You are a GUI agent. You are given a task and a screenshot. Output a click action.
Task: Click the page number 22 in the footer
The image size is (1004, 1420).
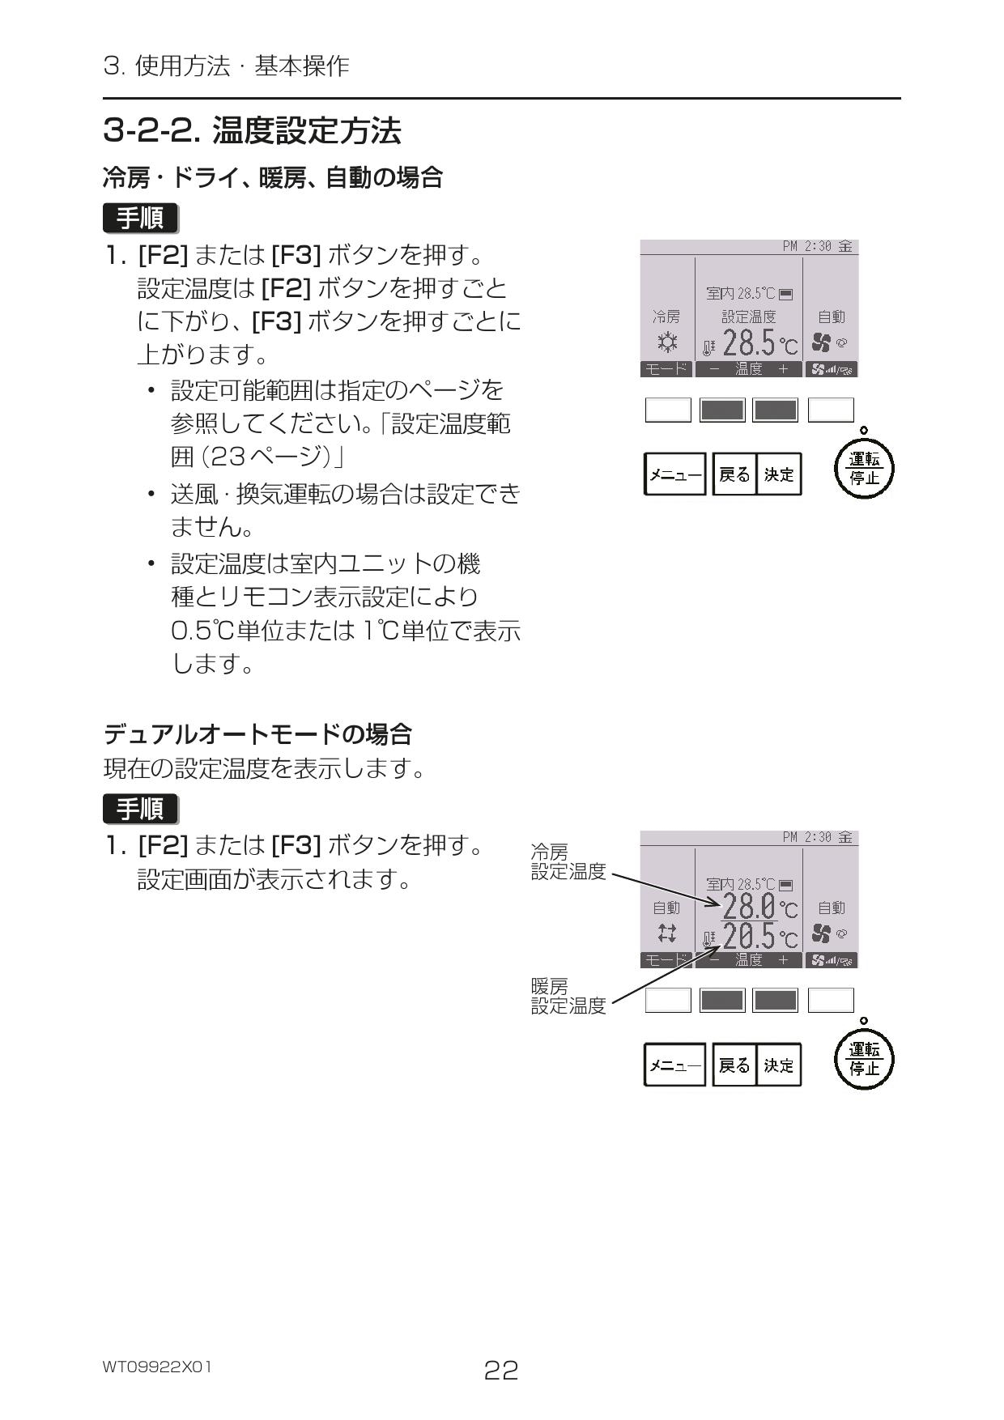tap(500, 1370)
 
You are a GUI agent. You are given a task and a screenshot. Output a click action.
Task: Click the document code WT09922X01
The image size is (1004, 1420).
tap(157, 1367)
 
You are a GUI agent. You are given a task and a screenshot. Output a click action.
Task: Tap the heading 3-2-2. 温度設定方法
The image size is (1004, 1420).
tap(252, 130)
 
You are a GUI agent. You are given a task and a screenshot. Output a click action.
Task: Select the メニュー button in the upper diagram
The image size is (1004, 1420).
tap(674, 474)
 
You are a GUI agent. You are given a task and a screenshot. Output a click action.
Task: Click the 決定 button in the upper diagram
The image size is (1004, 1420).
tap(779, 474)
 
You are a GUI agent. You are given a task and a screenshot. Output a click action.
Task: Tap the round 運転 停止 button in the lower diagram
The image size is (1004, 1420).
tap(864, 1060)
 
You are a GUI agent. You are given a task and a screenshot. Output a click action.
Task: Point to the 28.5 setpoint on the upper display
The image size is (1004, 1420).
tap(749, 344)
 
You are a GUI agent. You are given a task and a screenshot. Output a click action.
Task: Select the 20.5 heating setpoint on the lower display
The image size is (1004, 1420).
tap(749, 937)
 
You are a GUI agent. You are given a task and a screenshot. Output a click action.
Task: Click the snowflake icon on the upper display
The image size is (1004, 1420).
tap(667, 342)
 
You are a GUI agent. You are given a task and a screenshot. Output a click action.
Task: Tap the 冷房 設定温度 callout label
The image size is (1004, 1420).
tap(568, 861)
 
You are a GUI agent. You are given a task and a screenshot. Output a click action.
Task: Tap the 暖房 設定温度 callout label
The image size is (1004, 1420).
tap(568, 996)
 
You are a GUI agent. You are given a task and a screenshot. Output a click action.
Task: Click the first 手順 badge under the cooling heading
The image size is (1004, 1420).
tap(140, 219)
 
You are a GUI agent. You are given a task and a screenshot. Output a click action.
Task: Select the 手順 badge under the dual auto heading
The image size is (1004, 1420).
tap(140, 809)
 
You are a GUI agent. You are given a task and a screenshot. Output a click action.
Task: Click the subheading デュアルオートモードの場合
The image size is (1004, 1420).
tap(257, 734)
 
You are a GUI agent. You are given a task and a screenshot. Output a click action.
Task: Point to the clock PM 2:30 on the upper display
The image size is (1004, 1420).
tap(806, 246)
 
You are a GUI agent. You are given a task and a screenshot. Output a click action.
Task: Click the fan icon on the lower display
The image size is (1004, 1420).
tap(821, 933)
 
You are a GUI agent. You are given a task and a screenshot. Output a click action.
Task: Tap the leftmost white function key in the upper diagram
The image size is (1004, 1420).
tap(668, 410)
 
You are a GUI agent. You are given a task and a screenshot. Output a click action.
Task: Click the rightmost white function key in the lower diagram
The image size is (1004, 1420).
tap(831, 1001)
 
